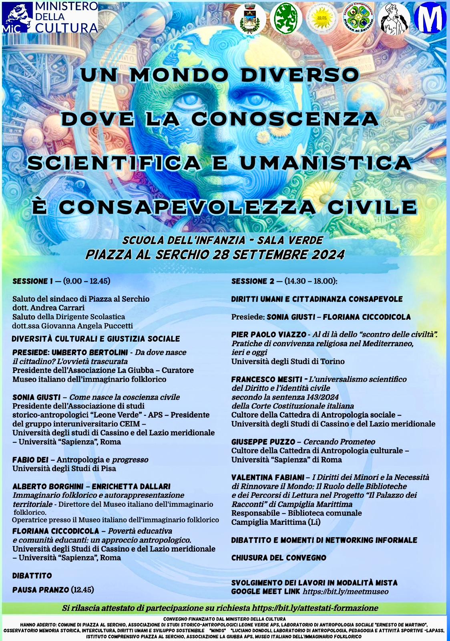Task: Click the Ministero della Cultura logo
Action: (x=50, y=17)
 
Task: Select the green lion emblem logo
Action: (x=286, y=18)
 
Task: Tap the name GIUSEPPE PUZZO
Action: (x=262, y=442)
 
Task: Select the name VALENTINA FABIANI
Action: (x=267, y=478)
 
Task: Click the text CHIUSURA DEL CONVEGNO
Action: (x=279, y=558)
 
